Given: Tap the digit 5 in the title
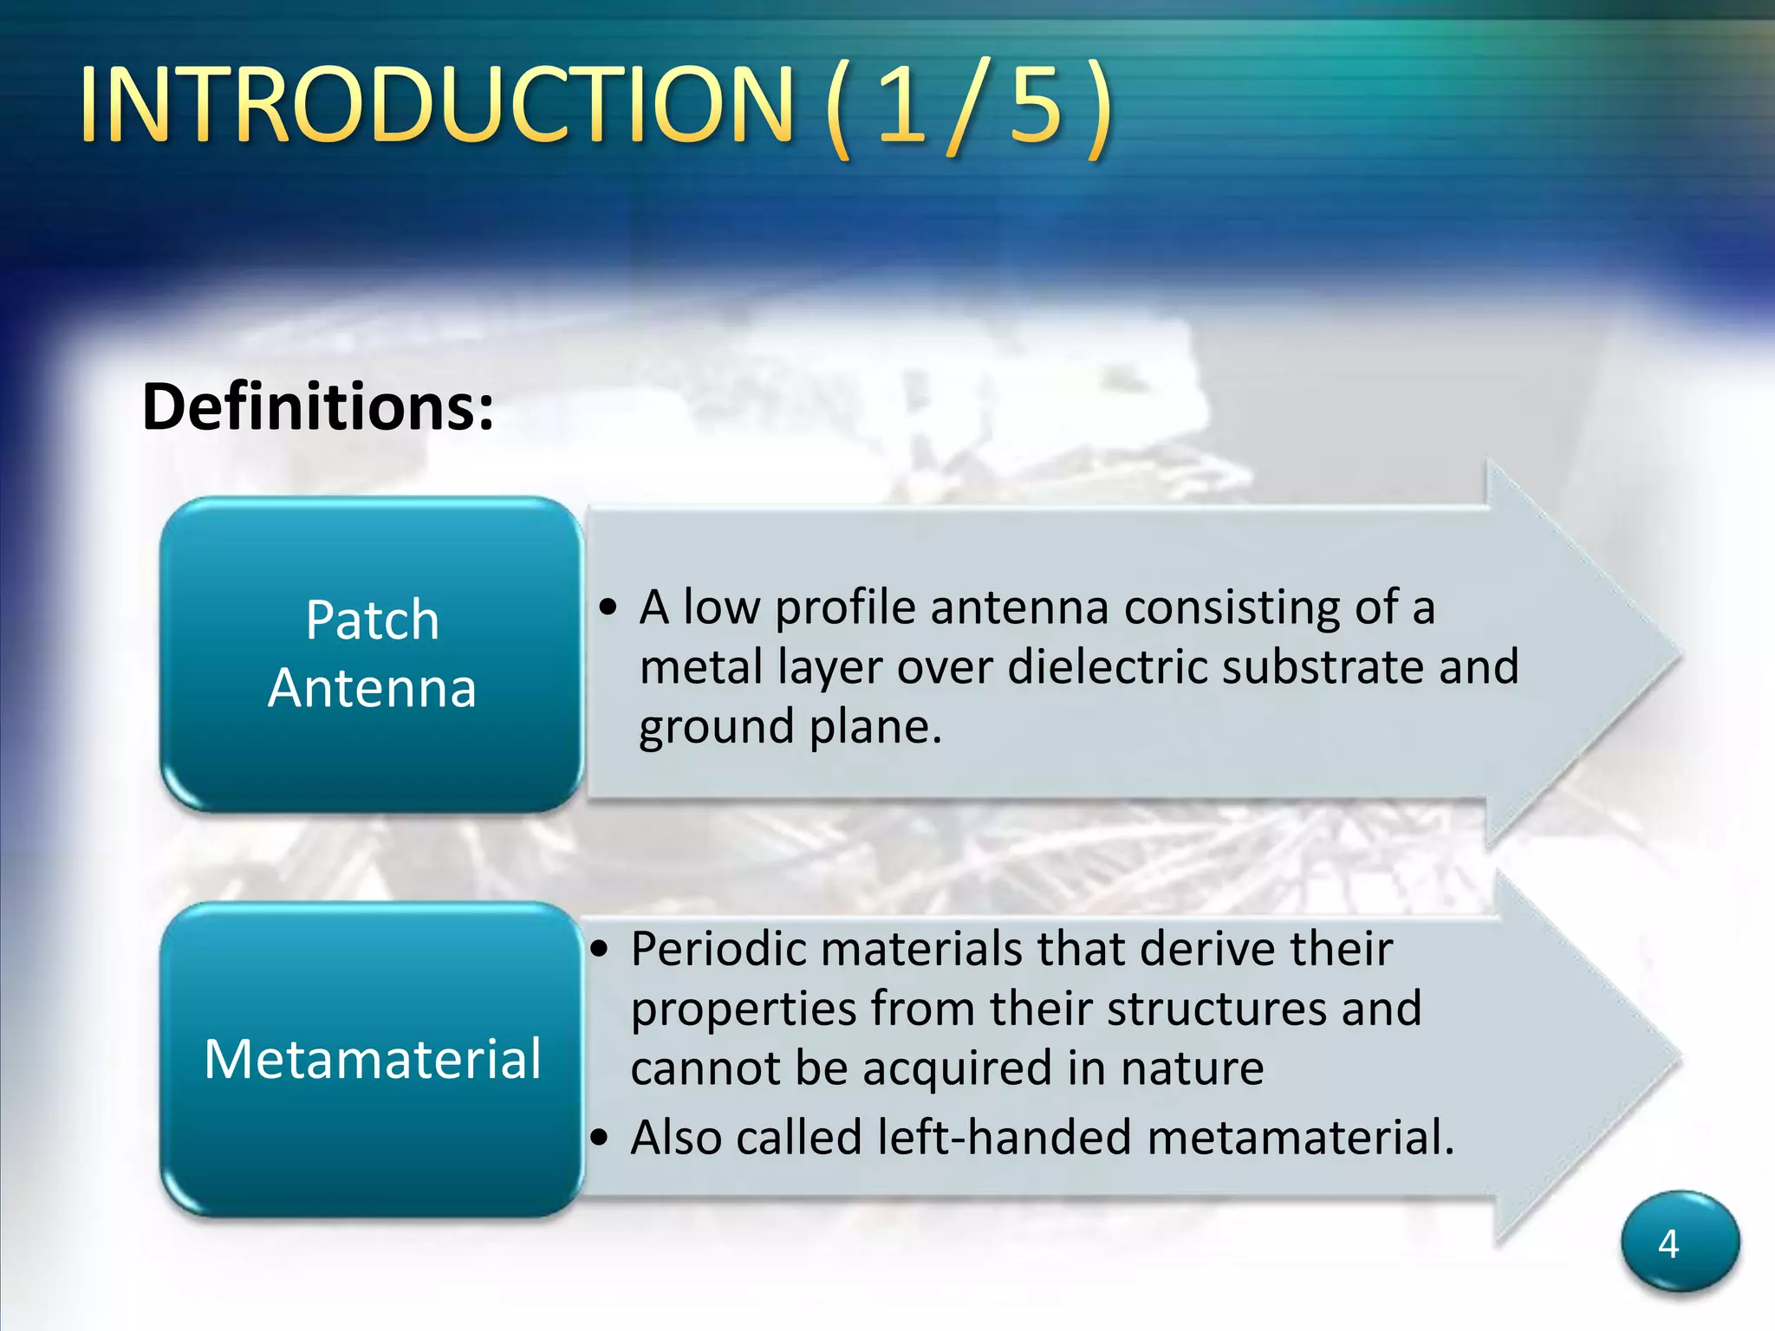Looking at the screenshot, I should tap(1036, 106).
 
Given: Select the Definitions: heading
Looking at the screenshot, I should tap(318, 406).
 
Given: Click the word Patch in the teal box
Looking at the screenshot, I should tap(373, 620).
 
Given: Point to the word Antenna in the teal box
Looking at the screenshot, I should tap(373, 689).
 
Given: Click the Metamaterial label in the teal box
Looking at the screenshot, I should tap(373, 1059).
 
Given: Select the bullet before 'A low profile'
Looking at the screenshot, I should tap(608, 608).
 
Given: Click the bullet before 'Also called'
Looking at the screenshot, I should tap(600, 1138).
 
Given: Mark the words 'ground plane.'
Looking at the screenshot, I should tap(790, 728).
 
